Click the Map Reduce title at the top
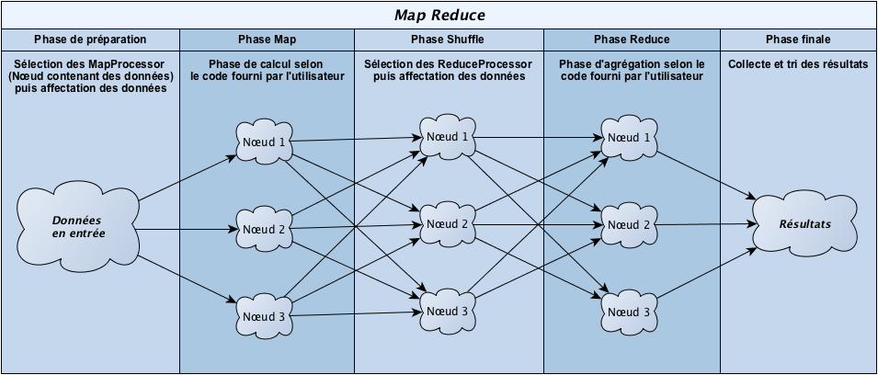click(439, 15)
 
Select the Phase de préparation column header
click(89, 40)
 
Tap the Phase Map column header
click(267, 40)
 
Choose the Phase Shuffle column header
click(448, 40)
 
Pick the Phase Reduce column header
click(632, 40)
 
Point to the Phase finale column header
click(797, 40)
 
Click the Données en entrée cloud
click(78, 227)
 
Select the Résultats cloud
click(805, 223)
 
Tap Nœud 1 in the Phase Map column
click(263, 142)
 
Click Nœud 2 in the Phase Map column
click(263, 228)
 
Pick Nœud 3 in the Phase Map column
click(263, 315)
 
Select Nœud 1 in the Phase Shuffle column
click(447, 137)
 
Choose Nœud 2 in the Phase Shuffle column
click(447, 223)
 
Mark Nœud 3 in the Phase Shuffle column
click(447, 311)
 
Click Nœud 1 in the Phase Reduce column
click(630, 137)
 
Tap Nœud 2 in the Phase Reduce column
click(630, 223)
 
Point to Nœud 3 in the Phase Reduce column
click(630, 311)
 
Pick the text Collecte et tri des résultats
click(797, 64)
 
